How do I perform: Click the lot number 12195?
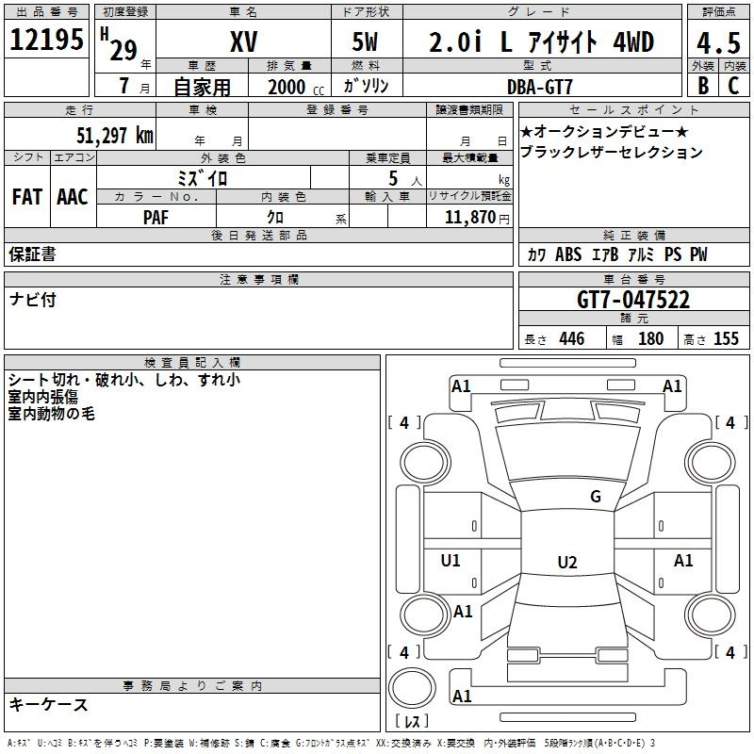pos(46,40)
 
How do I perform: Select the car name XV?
pos(244,41)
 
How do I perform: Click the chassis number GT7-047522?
pos(632,300)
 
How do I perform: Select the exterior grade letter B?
pos(702,86)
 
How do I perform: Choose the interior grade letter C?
pos(733,86)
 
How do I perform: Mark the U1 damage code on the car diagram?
pos(451,561)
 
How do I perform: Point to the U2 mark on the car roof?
pos(566,563)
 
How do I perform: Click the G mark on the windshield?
pos(595,497)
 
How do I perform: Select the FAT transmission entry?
pos(27,197)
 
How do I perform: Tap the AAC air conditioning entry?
pos(73,197)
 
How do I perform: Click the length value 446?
pos(570,339)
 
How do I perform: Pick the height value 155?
pos(726,339)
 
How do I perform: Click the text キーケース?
pos(48,704)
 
